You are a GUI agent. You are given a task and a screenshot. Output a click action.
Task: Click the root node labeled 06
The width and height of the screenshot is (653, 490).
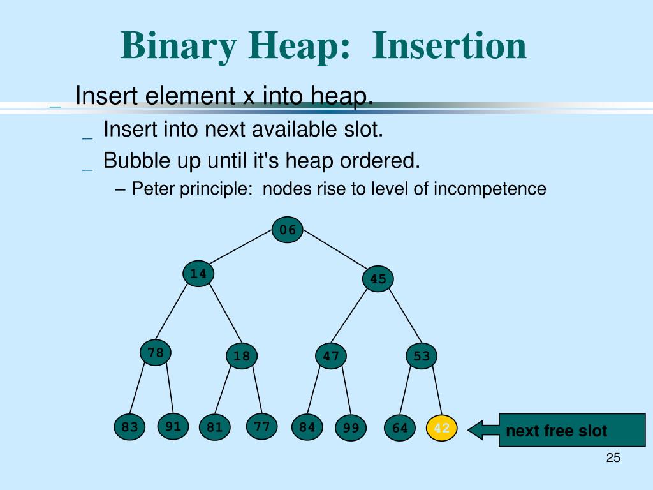[x=288, y=230]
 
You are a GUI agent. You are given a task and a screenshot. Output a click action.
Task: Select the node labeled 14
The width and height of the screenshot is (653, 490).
[x=198, y=274]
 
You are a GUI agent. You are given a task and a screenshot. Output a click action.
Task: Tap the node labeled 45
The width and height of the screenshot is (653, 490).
[x=378, y=279]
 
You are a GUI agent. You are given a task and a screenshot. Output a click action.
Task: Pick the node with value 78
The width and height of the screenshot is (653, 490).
[x=156, y=352]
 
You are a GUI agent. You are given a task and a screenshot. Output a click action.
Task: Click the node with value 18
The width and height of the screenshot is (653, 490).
[x=242, y=356]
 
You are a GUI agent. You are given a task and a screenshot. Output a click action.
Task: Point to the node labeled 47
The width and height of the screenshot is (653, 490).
[x=331, y=356]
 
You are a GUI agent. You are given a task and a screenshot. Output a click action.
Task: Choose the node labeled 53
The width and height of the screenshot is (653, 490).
[x=422, y=356]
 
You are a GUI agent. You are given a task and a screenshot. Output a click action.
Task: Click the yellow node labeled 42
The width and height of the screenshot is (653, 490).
[x=441, y=428]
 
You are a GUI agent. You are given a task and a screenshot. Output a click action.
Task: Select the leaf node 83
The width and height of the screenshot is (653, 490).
[x=130, y=427]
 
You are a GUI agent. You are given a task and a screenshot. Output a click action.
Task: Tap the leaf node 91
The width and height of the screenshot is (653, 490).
[x=173, y=427]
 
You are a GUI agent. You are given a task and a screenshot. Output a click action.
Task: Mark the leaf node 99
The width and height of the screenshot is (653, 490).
[x=351, y=428]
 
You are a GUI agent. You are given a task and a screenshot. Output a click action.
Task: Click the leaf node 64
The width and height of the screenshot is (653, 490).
[x=400, y=428]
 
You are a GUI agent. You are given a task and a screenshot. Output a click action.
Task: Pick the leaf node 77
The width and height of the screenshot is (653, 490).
[x=261, y=426]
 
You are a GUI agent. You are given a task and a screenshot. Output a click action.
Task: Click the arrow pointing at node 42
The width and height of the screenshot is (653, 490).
[x=483, y=429]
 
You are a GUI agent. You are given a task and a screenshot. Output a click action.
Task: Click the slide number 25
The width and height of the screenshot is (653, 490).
[x=613, y=458]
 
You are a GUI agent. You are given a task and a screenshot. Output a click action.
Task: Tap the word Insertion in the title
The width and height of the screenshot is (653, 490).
[x=450, y=46]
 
